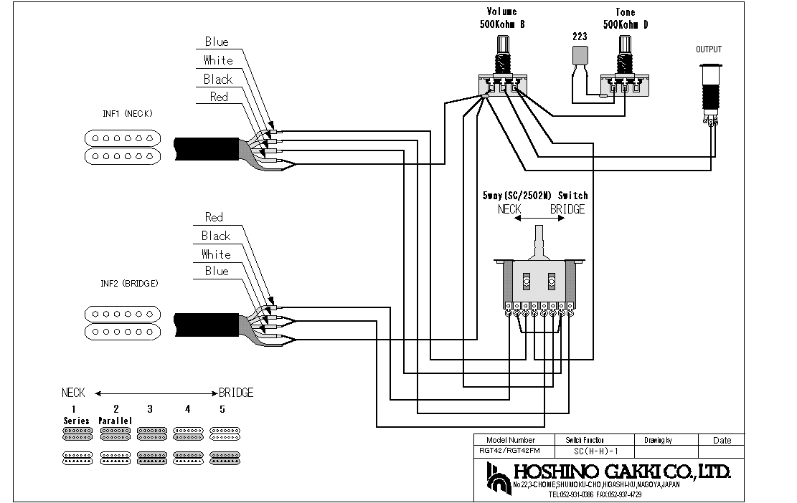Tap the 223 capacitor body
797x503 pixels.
click(x=580, y=55)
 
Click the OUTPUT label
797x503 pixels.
click(x=709, y=49)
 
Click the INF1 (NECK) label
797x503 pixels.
click(x=128, y=113)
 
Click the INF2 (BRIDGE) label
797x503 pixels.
click(x=130, y=284)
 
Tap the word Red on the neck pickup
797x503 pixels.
click(x=219, y=97)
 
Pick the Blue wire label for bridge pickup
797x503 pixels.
click(x=217, y=271)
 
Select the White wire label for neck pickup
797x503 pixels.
click(x=217, y=60)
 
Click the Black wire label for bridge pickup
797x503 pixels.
click(x=216, y=236)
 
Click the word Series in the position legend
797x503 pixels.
click(x=76, y=421)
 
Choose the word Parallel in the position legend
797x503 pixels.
click(x=115, y=421)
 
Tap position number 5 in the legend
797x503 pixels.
click(x=222, y=409)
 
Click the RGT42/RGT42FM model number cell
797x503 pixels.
click(x=511, y=451)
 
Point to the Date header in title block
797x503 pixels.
click(x=722, y=441)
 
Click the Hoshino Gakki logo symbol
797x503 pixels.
click(x=496, y=476)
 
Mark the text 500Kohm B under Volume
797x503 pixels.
click(x=501, y=24)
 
